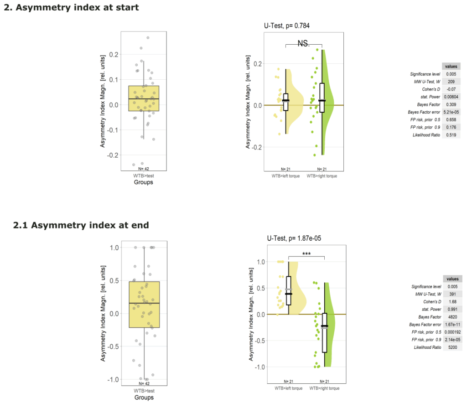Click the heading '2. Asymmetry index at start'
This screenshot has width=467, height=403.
pos(71,7)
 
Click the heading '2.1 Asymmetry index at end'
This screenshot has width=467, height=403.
pos(81,225)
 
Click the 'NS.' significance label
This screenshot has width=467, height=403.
pos(303,43)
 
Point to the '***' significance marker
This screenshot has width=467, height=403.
pos(306,253)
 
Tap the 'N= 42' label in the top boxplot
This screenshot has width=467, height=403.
pos(144,169)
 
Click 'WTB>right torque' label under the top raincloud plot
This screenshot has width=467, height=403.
pos(322,176)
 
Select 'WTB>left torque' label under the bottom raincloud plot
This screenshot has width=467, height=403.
pos(288,388)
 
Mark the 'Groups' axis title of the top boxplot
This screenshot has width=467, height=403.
pos(144,182)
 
